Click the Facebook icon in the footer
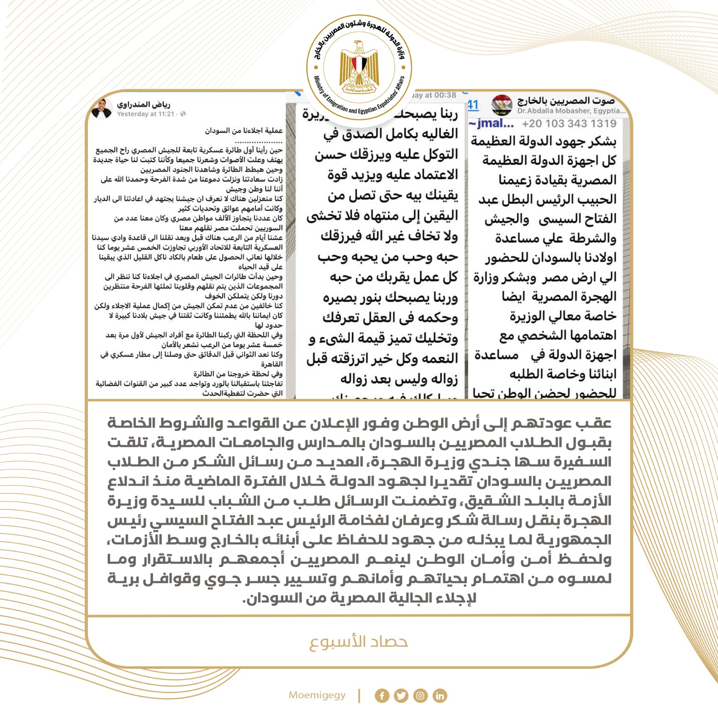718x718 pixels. (382, 696)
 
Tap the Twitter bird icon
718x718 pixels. (401, 696)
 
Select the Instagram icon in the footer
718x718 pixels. (420, 696)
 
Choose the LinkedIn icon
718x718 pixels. (440, 696)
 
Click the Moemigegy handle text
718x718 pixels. (317, 695)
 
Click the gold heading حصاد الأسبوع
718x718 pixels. (359, 642)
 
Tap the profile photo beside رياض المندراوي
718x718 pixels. (102, 109)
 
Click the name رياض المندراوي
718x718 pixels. (144, 105)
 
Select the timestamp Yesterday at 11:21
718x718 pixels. (146, 114)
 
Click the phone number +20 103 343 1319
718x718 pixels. (569, 123)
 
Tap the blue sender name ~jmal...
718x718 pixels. (491, 123)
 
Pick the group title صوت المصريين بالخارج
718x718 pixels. (566, 101)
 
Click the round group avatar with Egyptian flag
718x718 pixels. (502, 105)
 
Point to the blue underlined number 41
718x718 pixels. (473, 105)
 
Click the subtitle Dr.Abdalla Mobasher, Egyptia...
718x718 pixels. (571, 110)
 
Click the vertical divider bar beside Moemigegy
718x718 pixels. (359, 696)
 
